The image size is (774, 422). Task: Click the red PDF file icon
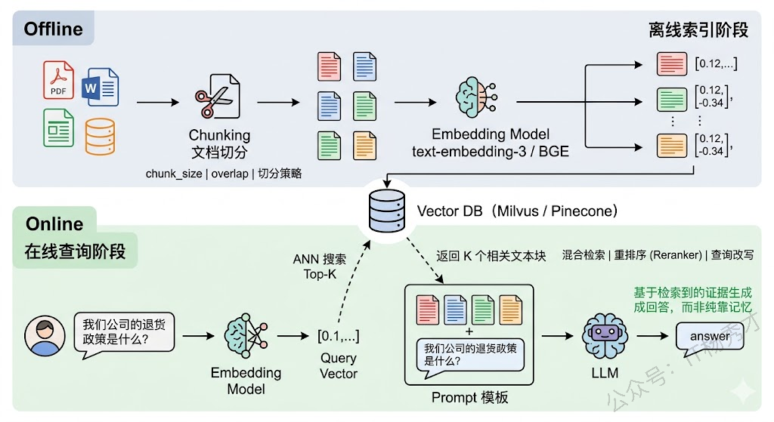click(x=59, y=80)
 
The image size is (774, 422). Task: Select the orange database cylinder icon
click(x=100, y=136)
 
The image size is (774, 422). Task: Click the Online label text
click(x=54, y=224)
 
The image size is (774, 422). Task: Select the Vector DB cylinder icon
click(x=385, y=211)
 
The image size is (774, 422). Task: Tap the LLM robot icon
click(x=605, y=334)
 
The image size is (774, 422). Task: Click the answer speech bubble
click(x=710, y=336)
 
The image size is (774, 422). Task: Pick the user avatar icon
click(x=45, y=336)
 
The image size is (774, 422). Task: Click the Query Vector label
click(x=338, y=365)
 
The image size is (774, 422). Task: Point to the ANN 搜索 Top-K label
click(x=320, y=266)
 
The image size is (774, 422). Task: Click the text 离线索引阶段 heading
click(x=698, y=30)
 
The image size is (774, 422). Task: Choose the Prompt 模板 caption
click(x=469, y=397)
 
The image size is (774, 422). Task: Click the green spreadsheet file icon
click(x=58, y=128)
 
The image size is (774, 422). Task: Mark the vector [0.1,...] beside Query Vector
click(x=338, y=336)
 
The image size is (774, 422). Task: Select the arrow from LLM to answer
click(x=651, y=335)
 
